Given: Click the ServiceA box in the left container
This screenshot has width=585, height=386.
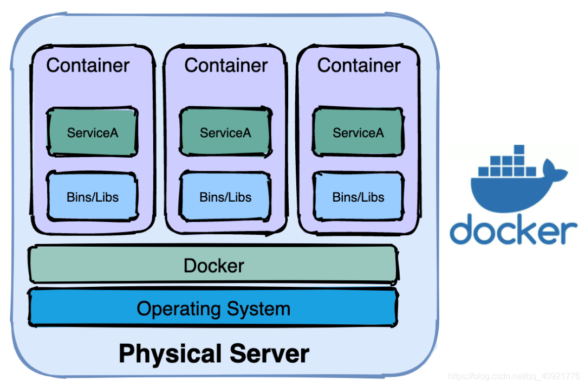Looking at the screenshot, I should pos(92,132).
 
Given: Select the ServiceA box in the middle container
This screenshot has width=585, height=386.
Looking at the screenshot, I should pos(225,132).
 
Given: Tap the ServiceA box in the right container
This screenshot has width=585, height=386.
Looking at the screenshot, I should pos(358,132).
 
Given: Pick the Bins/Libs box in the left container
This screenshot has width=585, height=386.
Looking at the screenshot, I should pos(92,196).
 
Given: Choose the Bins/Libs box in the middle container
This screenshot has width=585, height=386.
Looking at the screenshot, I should pos(225,196).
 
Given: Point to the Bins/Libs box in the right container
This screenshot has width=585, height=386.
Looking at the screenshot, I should pos(358,196).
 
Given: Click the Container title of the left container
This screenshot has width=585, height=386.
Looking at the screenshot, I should pos(88,66).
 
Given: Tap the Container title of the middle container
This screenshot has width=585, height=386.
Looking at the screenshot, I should pos(226,66).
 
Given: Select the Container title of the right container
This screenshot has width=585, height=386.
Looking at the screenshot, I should pos(359,66).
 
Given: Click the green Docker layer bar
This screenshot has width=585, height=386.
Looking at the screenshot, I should pos(213,265).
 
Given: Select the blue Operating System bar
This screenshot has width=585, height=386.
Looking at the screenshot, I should pos(213,308).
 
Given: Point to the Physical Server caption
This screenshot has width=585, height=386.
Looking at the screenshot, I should pos(214,353).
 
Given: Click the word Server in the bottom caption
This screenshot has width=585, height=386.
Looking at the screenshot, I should pos(269,353).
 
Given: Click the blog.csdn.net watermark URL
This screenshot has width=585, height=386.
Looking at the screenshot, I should pos(514,376).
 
